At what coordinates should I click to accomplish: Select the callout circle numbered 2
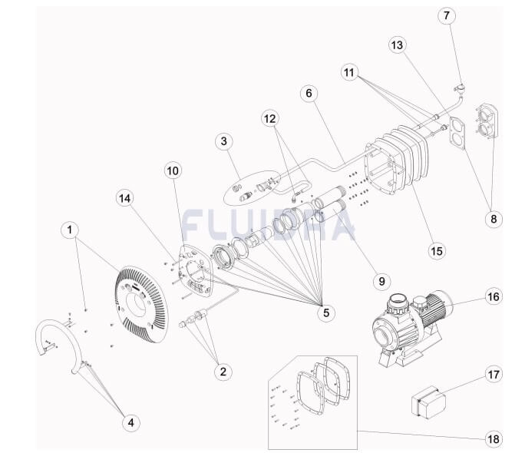tap(223, 372)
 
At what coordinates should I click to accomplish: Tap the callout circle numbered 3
tap(223, 141)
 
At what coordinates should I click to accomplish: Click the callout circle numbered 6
tap(309, 93)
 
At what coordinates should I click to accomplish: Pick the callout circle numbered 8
tap(494, 219)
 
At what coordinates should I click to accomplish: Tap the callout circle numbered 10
tap(173, 170)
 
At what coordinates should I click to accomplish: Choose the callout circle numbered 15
tap(437, 250)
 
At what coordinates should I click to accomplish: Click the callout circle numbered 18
tap(494, 438)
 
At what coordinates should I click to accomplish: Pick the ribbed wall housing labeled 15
tap(397, 165)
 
